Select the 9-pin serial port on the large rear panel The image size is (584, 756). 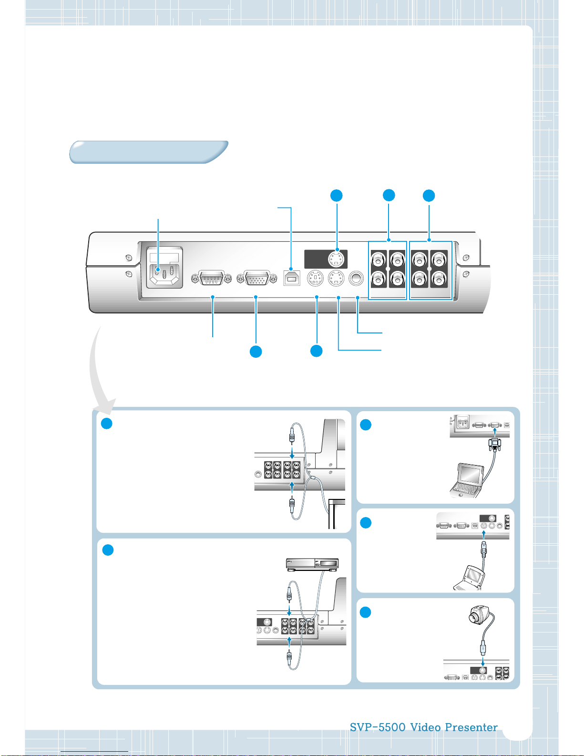coord(211,278)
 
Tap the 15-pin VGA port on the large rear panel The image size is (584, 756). coord(257,278)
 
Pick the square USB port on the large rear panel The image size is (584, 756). coord(292,278)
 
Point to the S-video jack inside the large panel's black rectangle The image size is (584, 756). coord(336,259)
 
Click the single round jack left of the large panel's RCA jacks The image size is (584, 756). coord(356,279)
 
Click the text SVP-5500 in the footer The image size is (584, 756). coord(378,727)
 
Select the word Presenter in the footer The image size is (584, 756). coord(471,727)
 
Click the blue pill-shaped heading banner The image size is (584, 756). coord(149,152)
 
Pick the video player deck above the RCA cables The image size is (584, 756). coord(312,564)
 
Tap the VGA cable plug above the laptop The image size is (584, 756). coord(495,444)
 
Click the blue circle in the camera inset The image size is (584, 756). coord(365,612)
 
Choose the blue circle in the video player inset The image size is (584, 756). coord(108,549)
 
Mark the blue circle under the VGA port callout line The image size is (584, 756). coord(256,352)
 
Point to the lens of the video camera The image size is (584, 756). coord(473,618)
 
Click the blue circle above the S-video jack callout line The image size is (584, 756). coord(336,196)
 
